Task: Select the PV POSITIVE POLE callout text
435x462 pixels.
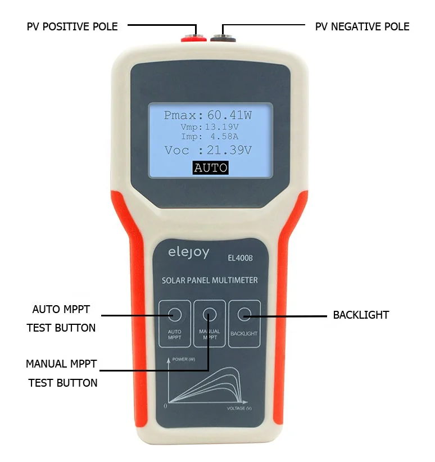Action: click(72, 26)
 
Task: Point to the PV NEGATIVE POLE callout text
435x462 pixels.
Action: click(362, 26)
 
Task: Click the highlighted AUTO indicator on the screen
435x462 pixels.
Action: click(210, 167)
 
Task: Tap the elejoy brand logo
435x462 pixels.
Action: click(188, 253)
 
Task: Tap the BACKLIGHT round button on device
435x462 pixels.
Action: click(244, 315)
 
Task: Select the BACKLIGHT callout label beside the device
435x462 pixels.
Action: click(361, 315)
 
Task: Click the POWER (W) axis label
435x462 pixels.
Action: click(184, 359)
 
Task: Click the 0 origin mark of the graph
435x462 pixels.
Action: click(165, 405)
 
